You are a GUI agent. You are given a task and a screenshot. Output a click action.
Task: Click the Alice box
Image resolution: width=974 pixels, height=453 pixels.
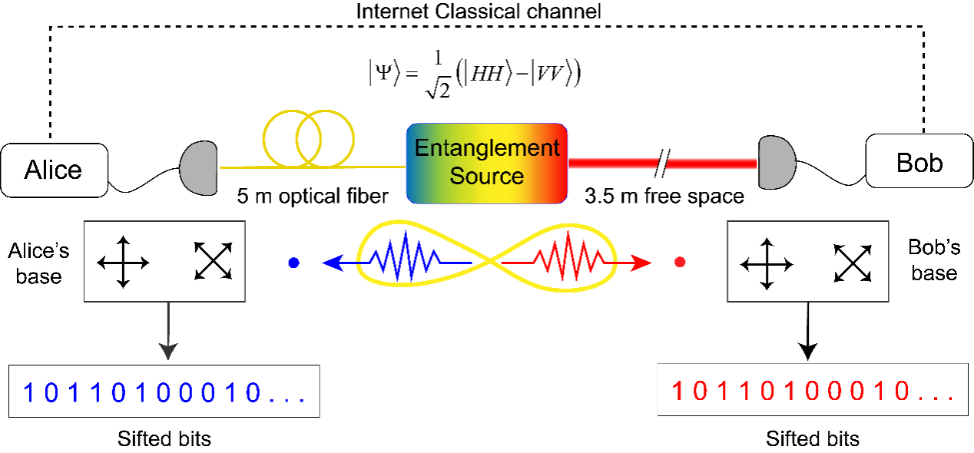[53, 168]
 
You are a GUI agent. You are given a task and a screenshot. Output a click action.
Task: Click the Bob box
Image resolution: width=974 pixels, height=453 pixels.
[919, 161]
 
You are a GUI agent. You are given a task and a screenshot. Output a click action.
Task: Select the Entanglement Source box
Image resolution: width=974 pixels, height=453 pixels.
[486, 162]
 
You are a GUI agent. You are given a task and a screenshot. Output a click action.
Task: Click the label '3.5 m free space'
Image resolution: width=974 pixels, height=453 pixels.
[664, 196]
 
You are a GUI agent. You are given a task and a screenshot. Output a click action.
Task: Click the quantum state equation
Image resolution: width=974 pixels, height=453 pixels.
[474, 74]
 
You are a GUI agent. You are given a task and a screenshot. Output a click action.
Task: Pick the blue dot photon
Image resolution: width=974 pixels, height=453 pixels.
[293, 263]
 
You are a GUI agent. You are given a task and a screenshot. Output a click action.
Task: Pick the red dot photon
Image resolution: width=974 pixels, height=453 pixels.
[679, 263]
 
